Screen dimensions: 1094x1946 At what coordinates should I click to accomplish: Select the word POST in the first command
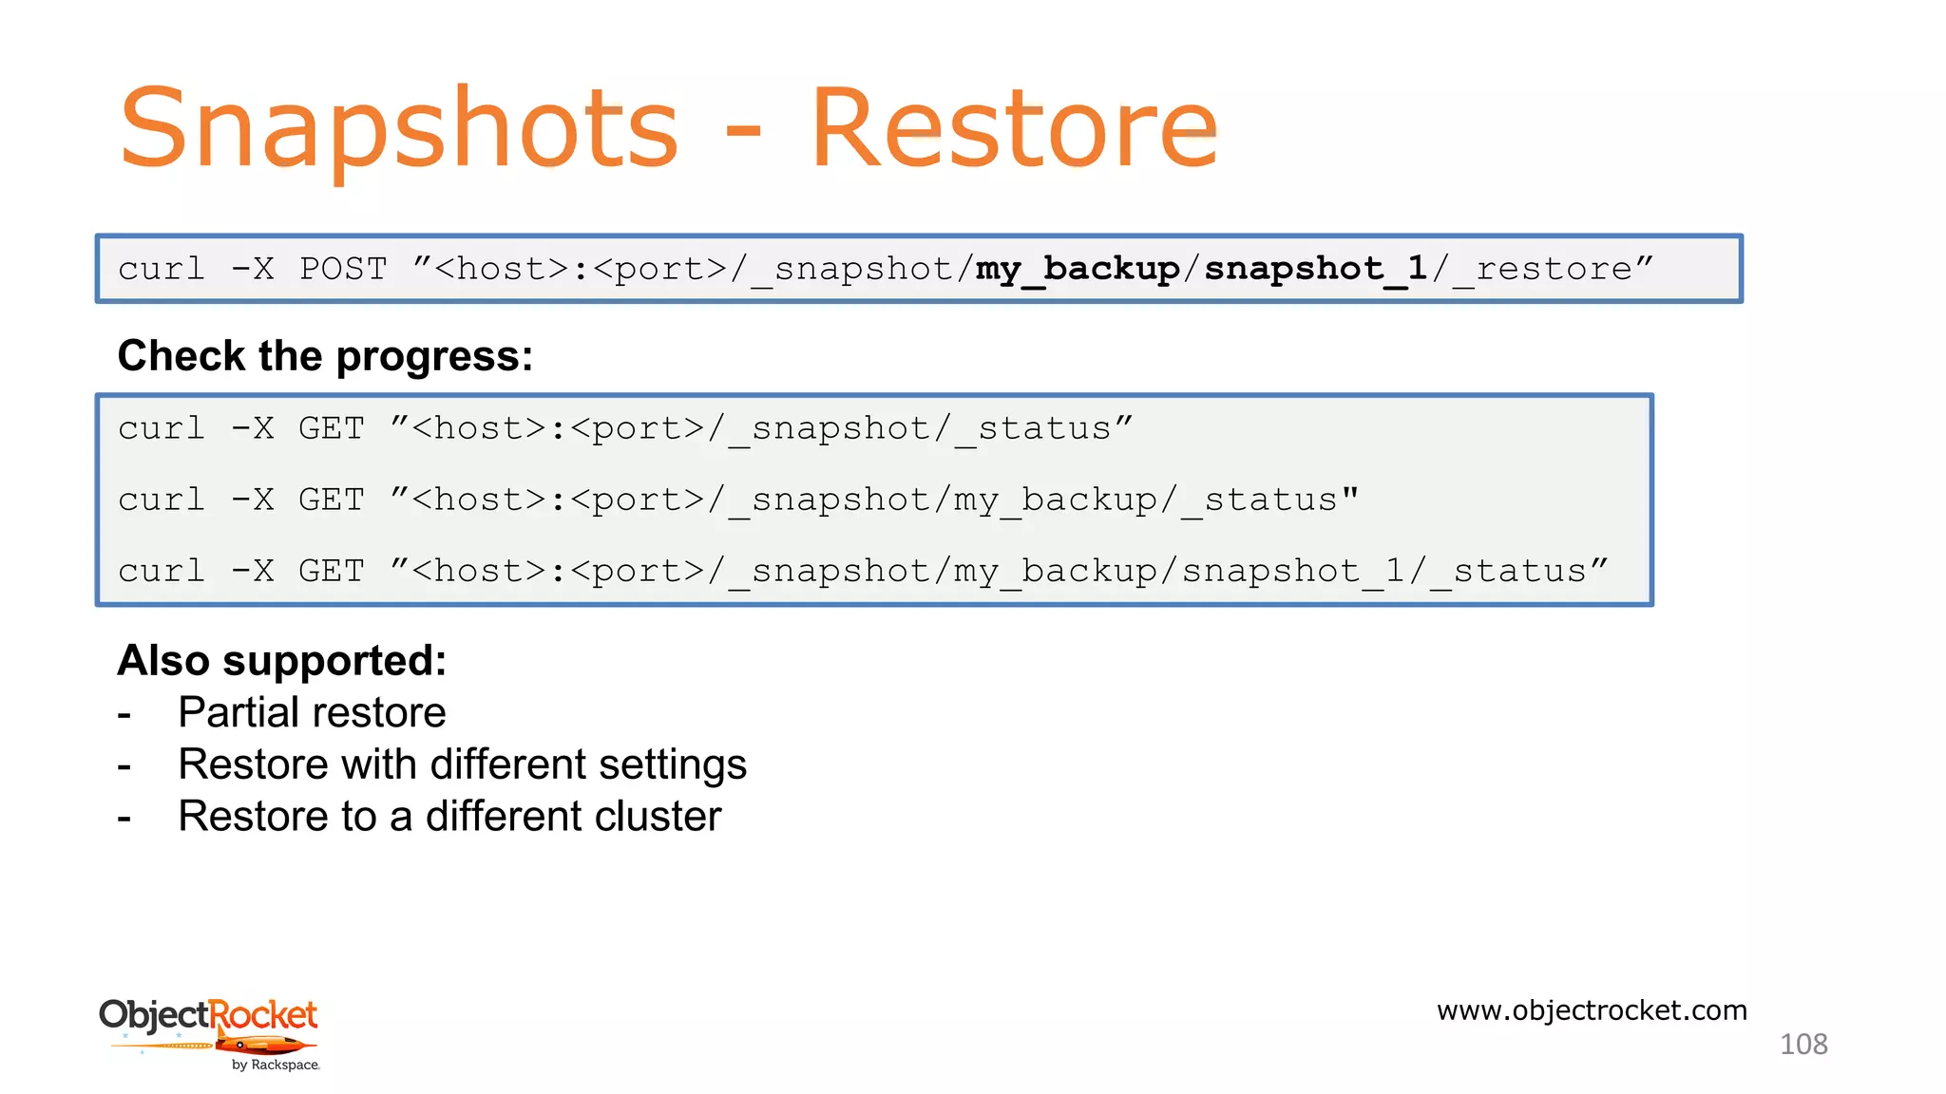343,269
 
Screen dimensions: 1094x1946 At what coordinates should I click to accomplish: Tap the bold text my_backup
1078,269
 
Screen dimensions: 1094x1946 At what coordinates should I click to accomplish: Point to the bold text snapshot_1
1316,269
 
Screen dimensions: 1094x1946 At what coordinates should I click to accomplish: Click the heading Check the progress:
325,356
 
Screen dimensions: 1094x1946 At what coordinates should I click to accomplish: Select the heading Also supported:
282,660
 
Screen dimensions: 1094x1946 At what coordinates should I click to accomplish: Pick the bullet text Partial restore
312,712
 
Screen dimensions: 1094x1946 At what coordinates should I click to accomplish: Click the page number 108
1803,1045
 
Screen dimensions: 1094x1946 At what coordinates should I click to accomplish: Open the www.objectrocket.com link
1592,1010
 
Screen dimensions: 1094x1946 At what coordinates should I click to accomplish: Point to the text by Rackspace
276,1066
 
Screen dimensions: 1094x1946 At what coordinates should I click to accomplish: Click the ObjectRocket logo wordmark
208,1014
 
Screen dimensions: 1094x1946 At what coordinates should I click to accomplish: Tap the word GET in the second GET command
331,500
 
